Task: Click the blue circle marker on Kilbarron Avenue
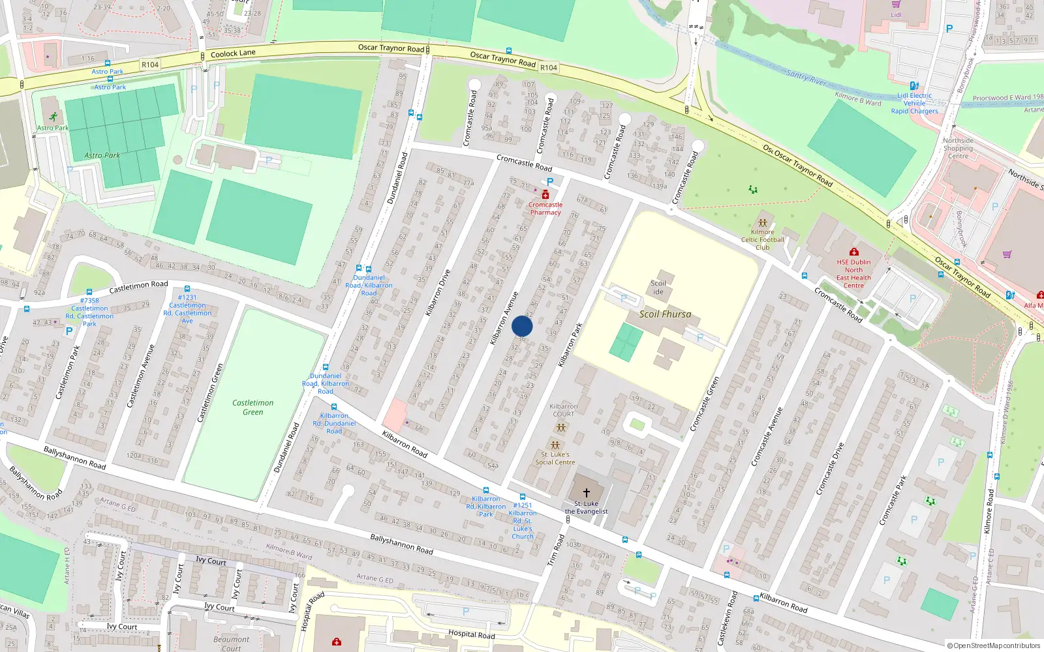click(x=522, y=327)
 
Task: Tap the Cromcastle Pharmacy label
click(x=545, y=208)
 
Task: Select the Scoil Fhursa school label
click(x=665, y=314)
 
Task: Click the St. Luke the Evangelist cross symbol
click(x=586, y=493)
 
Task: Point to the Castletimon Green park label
click(x=253, y=407)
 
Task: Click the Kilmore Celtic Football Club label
click(x=762, y=239)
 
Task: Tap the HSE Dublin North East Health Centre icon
click(x=853, y=252)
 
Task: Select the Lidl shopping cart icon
click(x=896, y=4)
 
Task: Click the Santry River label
click(x=806, y=78)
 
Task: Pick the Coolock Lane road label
click(x=233, y=53)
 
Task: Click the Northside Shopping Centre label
click(x=958, y=148)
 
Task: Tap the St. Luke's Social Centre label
click(x=555, y=458)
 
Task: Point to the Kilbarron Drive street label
click(x=438, y=293)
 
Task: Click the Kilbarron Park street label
click(x=570, y=344)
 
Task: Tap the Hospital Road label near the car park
click(x=471, y=634)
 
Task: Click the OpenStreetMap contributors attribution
click(x=994, y=646)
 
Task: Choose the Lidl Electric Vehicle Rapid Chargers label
click(x=914, y=103)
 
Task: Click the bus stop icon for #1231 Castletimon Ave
click(x=187, y=289)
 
